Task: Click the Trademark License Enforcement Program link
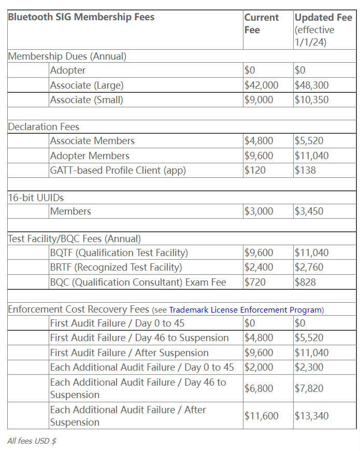point(246,309)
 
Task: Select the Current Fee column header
point(262,24)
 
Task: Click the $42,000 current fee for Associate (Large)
point(261,85)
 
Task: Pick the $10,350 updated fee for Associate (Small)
point(311,100)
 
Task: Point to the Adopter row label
point(68,71)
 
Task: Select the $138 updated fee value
point(305,170)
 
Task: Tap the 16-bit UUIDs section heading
point(36,198)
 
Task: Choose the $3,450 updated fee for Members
point(309,211)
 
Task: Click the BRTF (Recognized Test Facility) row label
point(116,267)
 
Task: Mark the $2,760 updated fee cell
point(309,267)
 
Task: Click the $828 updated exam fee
point(305,282)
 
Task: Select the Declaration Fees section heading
point(44,126)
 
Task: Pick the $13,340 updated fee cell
point(311,416)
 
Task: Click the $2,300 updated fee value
point(309,367)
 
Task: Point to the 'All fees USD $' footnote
point(32,441)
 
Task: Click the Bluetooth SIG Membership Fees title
point(81,17)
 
